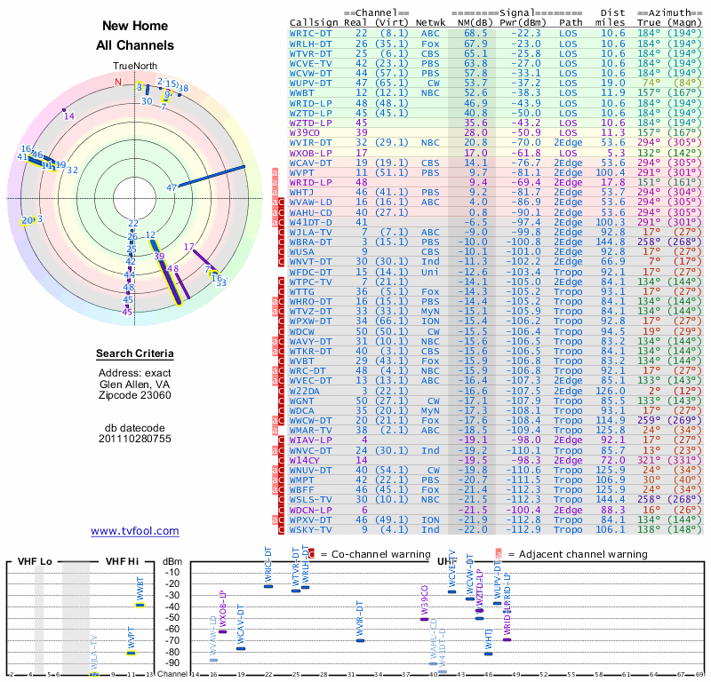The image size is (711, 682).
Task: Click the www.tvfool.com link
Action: point(135,531)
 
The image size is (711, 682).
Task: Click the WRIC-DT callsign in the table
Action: point(310,32)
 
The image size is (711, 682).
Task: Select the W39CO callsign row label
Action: point(305,132)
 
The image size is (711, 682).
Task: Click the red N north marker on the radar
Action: point(117,82)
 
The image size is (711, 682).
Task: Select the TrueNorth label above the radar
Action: point(134,67)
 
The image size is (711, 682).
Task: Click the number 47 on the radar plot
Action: point(172,187)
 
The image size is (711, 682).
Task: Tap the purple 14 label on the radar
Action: point(69,115)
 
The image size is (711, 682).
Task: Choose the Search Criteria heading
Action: point(135,354)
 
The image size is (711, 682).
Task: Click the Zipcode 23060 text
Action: point(135,395)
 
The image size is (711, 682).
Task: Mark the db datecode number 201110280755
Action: point(135,439)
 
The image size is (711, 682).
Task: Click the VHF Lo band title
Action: point(33,561)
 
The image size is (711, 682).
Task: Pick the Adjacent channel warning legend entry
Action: point(577,554)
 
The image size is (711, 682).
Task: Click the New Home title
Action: point(135,27)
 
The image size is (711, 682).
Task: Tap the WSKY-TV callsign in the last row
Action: point(310,529)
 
